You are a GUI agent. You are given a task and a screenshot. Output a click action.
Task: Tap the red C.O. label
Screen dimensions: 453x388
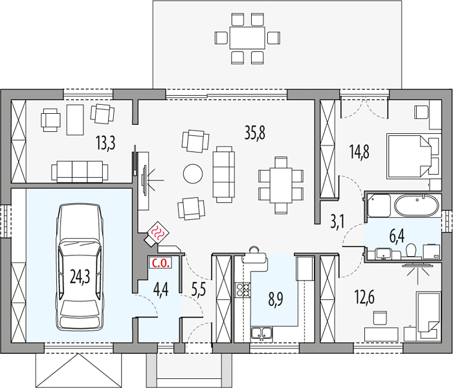point(160,263)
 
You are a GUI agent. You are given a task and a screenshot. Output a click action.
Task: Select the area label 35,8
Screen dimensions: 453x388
point(255,133)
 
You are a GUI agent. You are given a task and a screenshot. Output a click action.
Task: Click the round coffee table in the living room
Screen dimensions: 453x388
point(193,173)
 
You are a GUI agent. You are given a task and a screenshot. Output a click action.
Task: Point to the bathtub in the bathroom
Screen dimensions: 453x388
point(417,206)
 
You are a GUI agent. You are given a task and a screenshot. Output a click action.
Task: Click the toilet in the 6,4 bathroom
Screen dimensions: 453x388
point(410,250)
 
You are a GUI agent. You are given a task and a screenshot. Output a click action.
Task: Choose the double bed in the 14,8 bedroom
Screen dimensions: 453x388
point(409,155)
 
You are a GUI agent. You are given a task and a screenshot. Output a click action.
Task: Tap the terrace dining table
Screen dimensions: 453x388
point(247,38)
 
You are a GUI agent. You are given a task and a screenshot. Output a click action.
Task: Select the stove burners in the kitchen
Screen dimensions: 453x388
point(243,290)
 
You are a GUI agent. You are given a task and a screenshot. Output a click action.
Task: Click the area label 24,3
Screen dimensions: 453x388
point(80,276)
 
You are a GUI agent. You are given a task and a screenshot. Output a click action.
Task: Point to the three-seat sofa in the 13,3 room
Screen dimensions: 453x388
point(80,172)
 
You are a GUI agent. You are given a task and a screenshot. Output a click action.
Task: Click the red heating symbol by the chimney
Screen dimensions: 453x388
point(159,232)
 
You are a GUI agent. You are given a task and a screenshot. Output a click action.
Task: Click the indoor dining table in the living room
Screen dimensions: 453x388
point(281,186)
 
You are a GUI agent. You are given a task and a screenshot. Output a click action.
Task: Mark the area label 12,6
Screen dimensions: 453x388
point(364,297)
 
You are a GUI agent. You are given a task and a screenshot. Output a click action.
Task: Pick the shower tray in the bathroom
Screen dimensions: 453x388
point(379,205)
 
